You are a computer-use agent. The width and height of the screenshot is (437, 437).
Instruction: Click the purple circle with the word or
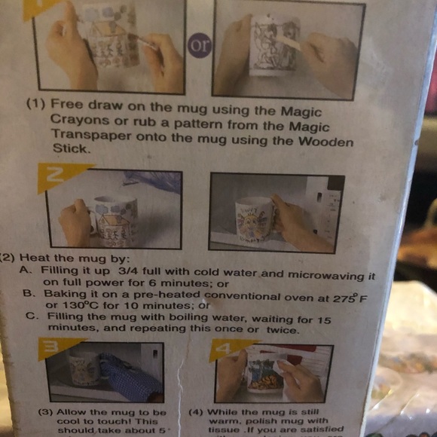pyautogui.click(x=200, y=45)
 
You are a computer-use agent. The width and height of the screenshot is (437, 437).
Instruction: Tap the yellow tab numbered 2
pyautogui.click(x=58, y=177)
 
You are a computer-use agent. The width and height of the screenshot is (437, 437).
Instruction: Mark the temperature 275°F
pyautogui.click(x=344, y=297)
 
